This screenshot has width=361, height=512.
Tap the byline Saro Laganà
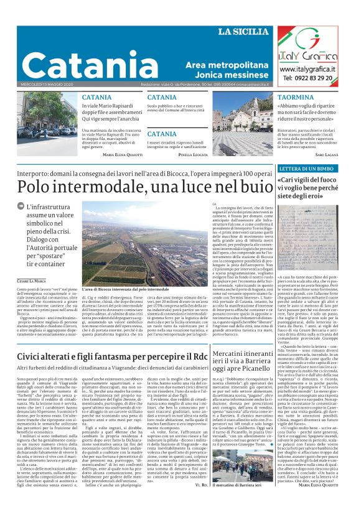[x=326, y=153]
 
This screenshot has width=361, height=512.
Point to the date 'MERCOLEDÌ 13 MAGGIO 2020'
[x=49, y=84]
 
